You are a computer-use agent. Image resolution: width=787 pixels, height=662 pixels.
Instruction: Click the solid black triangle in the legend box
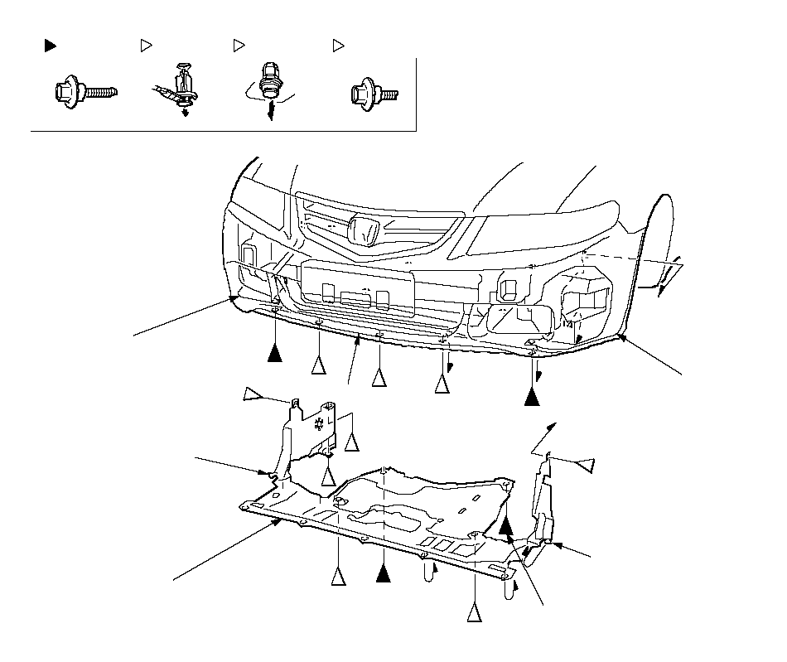[x=50, y=46]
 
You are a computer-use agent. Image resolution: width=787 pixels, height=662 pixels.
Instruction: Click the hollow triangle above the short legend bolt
[x=338, y=46]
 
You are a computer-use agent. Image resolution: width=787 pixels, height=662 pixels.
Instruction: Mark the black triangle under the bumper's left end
[x=275, y=354]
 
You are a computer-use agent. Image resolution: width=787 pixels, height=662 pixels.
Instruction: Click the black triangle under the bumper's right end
[x=533, y=397]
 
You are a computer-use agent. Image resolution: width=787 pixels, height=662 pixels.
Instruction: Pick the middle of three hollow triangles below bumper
[x=379, y=378]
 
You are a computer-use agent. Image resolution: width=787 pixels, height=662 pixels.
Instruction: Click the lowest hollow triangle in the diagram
[x=474, y=612]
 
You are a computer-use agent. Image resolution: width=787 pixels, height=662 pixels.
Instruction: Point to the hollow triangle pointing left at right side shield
[x=586, y=465]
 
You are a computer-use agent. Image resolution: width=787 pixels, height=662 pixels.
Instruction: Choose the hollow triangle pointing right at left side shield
[x=253, y=394]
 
